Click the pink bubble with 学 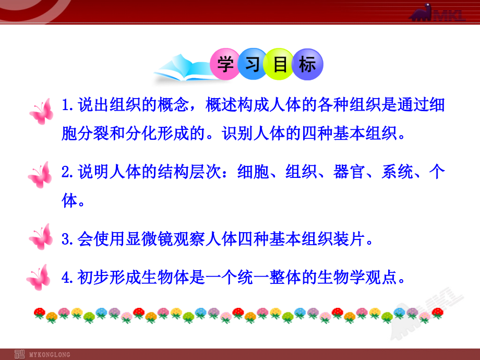click(225, 65)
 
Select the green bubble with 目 click(280, 65)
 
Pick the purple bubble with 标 click(308, 65)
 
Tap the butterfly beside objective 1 click(41, 111)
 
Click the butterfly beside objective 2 click(40, 175)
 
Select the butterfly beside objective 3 click(41, 237)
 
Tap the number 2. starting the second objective click(68, 172)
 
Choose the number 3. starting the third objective click(68, 240)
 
